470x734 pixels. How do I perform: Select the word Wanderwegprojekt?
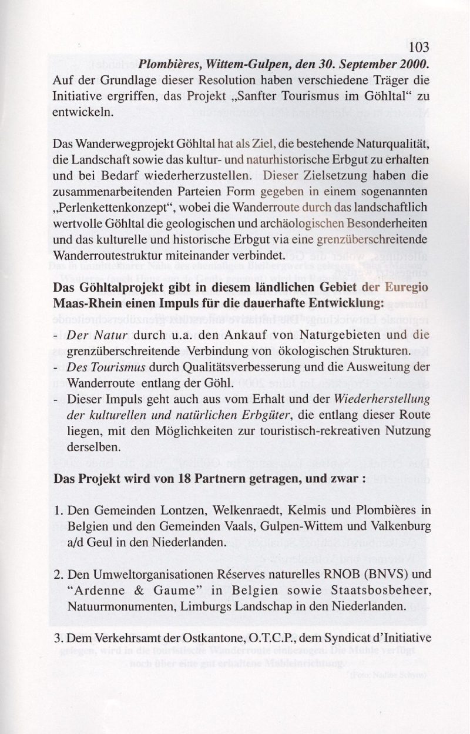(111, 143)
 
